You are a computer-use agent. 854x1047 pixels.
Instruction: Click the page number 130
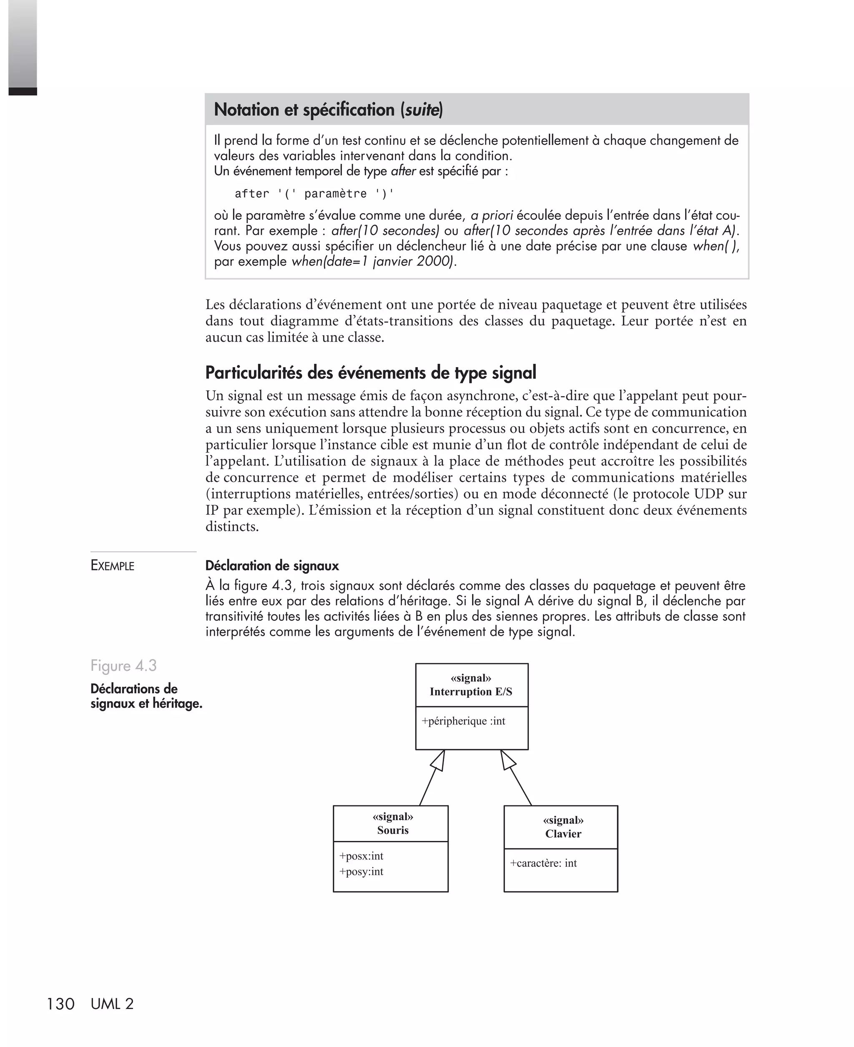[x=60, y=1004]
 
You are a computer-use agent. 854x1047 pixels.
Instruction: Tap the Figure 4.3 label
[x=123, y=665]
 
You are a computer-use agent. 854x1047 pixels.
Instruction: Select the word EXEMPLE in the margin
[x=112, y=566]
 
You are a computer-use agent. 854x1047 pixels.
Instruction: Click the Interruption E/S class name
[x=471, y=691]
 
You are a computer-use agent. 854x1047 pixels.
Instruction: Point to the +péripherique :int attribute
[x=463, y=721]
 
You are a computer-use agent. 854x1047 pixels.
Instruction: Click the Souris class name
[x=392, y=830]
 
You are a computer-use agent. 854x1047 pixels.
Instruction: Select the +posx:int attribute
[x=361, y=856]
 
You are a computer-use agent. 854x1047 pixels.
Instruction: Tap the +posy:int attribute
[x=361, y=871]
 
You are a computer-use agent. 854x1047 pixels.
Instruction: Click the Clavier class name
[x=563, y=833]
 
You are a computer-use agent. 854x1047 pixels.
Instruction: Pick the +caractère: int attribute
[x=543, y=863]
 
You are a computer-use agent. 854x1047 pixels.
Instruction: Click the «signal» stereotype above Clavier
[x=563, y=820]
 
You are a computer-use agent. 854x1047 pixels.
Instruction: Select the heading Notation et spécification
[x=328, y=109]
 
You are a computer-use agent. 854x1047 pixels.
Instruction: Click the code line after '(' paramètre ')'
[x=314, y=194]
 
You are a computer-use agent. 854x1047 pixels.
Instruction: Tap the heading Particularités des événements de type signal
[x=370, y=373]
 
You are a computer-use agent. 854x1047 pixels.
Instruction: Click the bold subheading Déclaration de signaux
[x=272, y=566]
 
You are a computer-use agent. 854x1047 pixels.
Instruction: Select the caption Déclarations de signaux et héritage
[x=146, y=696]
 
